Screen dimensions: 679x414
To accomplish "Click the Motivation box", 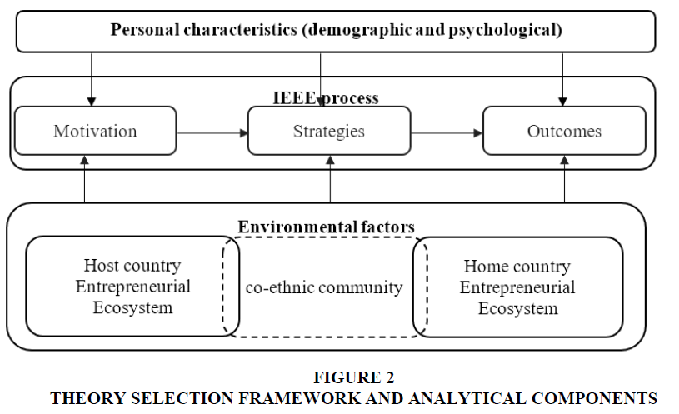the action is (x=96, y=131).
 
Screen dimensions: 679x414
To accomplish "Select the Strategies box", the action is (x=329, y=131).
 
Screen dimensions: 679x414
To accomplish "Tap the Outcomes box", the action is (x=564, y=131).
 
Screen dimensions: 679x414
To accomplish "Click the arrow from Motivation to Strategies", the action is (x=212, y=133).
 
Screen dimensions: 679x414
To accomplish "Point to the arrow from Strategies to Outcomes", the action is (x=447, y=133).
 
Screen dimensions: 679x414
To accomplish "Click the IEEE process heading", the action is (x=326, y=98).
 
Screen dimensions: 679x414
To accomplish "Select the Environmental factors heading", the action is (x=326, y=227).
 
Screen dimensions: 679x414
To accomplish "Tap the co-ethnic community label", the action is (x=324, y=287).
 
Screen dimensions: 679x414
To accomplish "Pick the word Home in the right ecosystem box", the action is (x=482, y=267).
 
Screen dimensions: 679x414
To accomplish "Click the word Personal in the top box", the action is (x=145, y=30).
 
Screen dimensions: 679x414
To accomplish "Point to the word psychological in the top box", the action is (x=506, y=30).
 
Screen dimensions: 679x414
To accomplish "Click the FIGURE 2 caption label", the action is (x=354, y=377).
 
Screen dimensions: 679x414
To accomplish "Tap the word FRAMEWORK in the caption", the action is (x=299, y=398).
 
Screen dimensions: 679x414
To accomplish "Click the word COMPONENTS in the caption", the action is (x=595, y=398).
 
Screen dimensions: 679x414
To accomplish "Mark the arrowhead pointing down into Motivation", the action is (x=92, y=102).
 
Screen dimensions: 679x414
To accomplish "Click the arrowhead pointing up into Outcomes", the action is (x=564, y=160).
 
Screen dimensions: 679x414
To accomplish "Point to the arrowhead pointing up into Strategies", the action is (x=331, y=160).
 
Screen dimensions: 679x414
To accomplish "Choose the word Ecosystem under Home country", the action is (x=518, y=309).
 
